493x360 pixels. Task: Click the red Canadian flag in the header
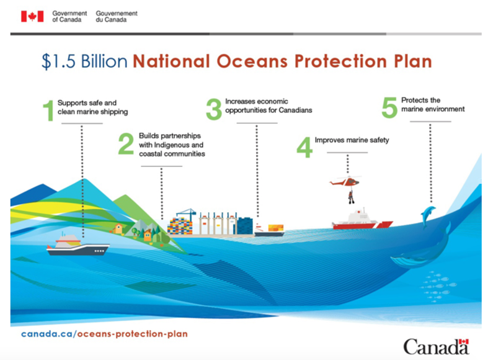pos(32,16)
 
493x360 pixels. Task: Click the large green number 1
pos(48,110)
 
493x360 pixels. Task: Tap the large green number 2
pos(126,144)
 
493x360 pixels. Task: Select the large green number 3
pos(214,109)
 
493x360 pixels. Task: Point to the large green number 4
pos(304,147)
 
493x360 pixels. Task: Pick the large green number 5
pos(389,107)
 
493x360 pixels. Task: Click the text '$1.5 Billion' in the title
pos(84,61)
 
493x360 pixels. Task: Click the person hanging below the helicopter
pos(351,197)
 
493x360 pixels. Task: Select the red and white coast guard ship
pos(362,219)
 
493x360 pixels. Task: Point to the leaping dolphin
pos(428,216)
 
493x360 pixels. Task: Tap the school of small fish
pos(438,286)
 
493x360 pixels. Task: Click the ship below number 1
pos(78,245)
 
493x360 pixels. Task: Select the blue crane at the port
pos(187,215)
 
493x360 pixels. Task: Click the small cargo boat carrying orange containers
pos(270,230)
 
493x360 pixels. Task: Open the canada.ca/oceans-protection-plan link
pos(104,334)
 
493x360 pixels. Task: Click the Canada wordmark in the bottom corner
pos(436,347)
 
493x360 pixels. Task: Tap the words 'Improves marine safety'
pos(352,140)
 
